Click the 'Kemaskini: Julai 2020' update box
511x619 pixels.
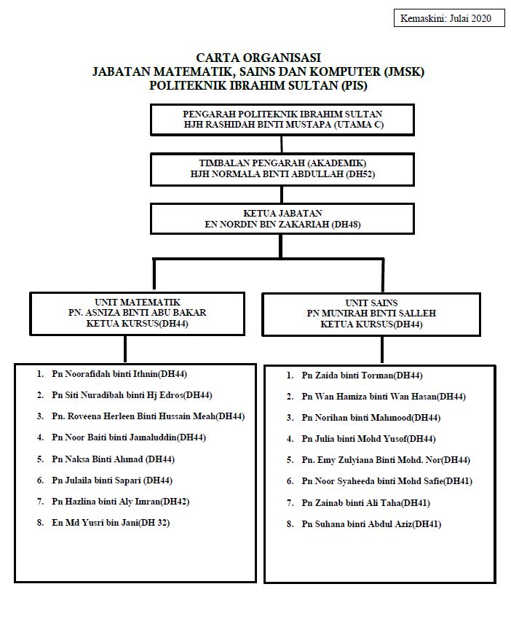point(449,18)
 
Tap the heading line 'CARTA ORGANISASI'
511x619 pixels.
point(258,58)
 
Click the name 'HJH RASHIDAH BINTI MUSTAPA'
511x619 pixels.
point(257,125)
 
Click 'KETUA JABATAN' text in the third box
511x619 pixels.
point(282,214)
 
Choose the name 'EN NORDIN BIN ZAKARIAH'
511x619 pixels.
point(266,225)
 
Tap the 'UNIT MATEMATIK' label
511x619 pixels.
point(138,303)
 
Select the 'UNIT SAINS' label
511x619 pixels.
point(371,303)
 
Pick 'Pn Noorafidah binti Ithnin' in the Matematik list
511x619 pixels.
point(105,374)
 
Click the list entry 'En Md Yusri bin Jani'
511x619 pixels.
point(95,523)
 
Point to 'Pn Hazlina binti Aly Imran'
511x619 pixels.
point(106,502)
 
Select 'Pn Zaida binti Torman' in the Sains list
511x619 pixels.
point(347,375)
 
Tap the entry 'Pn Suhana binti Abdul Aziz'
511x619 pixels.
point(357,524)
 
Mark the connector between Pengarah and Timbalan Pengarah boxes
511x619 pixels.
point(282,144)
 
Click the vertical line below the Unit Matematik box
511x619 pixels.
point(125,349)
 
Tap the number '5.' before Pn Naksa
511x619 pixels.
point(40,459)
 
